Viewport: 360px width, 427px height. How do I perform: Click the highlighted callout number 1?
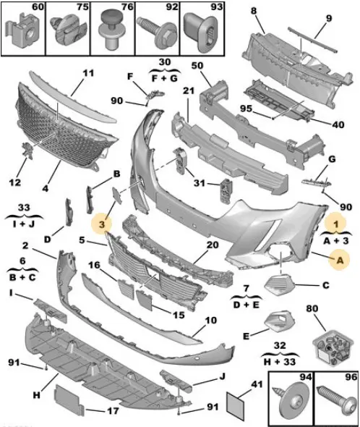(336, 224)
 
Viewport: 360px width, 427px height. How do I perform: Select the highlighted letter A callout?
(339, 260)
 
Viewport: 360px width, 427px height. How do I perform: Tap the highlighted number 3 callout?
(102, 224)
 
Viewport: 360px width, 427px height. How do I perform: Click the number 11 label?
(88, 73)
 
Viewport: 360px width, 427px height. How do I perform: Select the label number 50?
(197, 66)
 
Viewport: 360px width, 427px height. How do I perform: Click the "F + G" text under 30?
(165, 78)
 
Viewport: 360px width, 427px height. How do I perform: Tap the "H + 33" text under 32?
(280, 361)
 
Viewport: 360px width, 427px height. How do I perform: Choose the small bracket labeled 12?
(27, 150)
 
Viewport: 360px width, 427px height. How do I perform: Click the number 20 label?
(213, 245)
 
